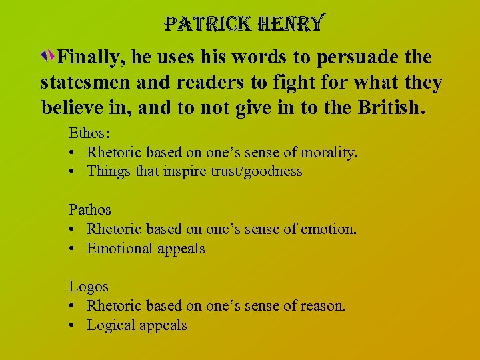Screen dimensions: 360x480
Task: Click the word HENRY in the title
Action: tap(291, 25)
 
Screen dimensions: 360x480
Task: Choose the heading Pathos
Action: tap(90, 209)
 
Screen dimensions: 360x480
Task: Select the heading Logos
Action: tap(89, 286)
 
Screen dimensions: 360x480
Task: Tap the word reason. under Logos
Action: tap(324, 305)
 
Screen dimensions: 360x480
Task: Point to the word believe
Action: tap(72, 107)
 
